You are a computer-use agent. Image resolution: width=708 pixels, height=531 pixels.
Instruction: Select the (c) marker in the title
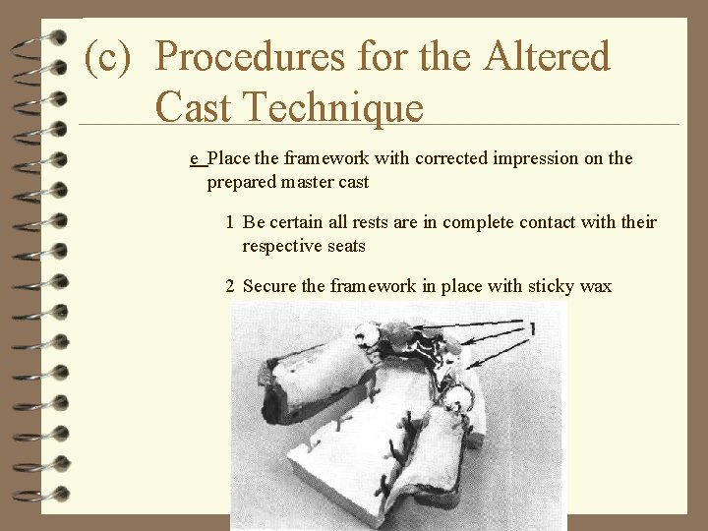tap(108, 58)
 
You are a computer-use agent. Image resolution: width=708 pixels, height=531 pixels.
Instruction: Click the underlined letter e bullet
tap(195, 159)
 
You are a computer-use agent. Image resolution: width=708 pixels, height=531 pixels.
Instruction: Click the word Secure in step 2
tap(271, 286)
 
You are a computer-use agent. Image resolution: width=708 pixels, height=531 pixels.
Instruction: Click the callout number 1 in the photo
tap(532, 329)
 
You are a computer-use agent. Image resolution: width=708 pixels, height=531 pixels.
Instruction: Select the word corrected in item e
tap(411, 158)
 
